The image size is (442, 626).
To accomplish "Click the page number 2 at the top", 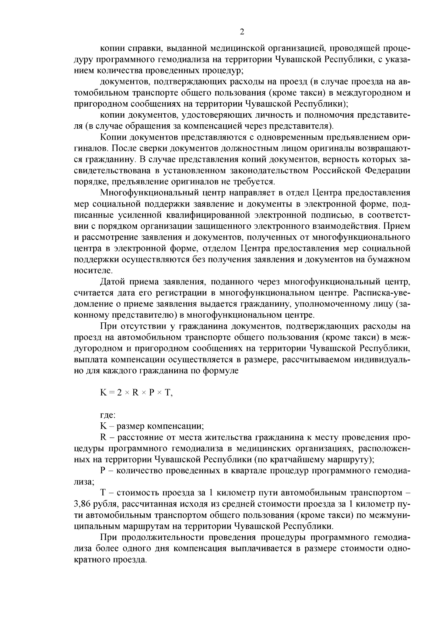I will pyautogui.click(x=242, y=32).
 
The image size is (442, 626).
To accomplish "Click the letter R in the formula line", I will pyautogui.click(x=135, y=393).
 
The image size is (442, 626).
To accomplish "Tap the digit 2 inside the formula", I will pyautogui.click(x=119, y=393).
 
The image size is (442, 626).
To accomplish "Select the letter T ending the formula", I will pyautogui.click(x=168, y=393).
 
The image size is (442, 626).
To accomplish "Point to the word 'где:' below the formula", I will pyautogui.click(x=108, y=415).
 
